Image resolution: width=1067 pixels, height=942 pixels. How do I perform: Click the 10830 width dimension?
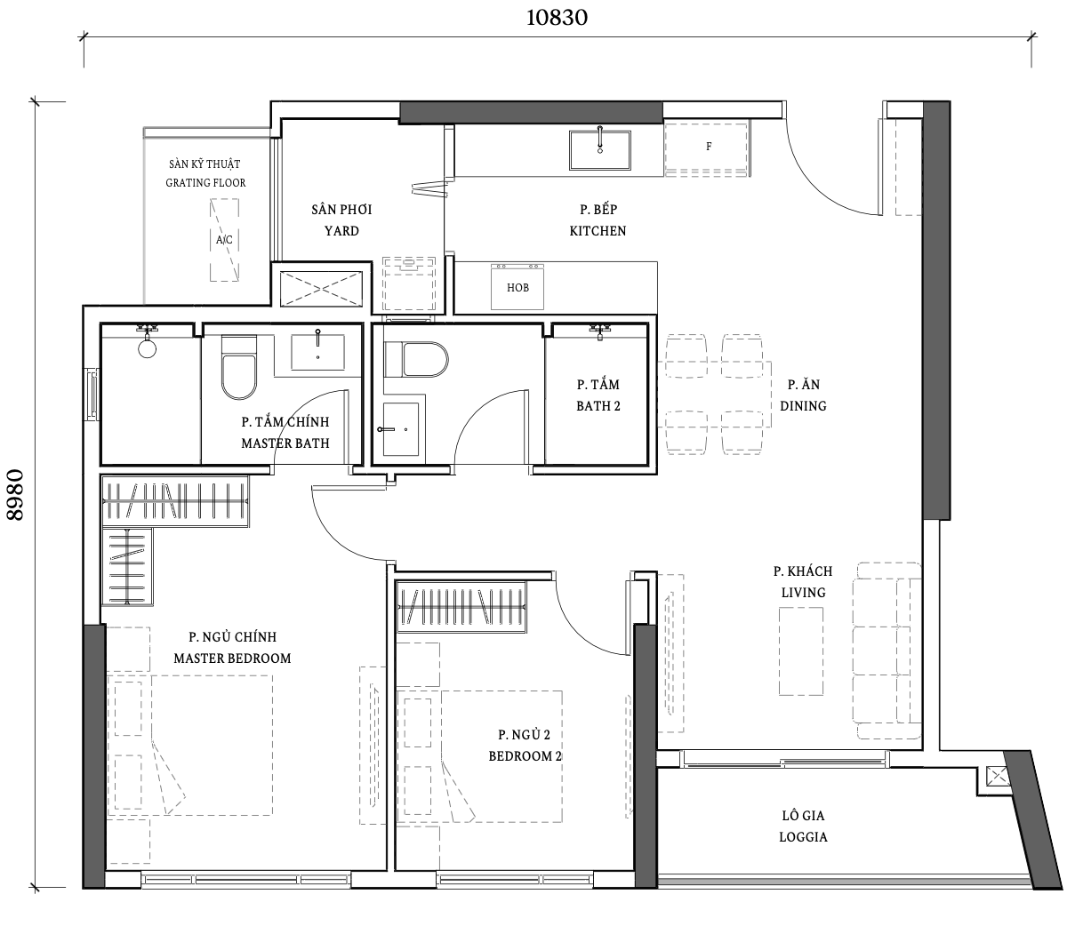click(x=557, y=18)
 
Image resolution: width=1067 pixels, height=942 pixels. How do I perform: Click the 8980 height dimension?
click(x=15, y=495)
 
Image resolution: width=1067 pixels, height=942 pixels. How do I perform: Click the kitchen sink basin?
click(x=599, y=150)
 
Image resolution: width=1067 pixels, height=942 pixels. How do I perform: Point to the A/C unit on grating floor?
click(x=224, y=240)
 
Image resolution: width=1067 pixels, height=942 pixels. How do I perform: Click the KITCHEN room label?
click(x=598, y=231)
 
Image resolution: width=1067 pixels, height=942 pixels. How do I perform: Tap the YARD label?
click(x=341, y=231)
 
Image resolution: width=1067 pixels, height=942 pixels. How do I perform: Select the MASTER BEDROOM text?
click(x=232, y=659)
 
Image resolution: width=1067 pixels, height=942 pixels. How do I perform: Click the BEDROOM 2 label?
click(x=525, y=756)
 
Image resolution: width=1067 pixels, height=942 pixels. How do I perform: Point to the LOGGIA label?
click(x=803, y=837)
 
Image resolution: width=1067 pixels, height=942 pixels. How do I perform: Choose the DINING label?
click(x=803, y=406)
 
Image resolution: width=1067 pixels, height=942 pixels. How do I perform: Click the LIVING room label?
click(x=803, y=593)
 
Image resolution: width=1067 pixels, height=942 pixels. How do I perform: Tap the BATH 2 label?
click(x=598, y=406)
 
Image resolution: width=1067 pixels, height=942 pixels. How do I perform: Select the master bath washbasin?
click(x=317, y=351)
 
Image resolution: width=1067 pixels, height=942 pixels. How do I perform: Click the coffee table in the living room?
click(x=800, y=651)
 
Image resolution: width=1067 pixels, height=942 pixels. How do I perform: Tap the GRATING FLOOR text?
click(x=205, y=183)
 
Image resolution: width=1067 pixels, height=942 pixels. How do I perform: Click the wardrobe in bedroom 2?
click(x=461, y=607)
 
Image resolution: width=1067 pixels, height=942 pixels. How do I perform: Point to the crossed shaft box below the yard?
click(x=321, y=289)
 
